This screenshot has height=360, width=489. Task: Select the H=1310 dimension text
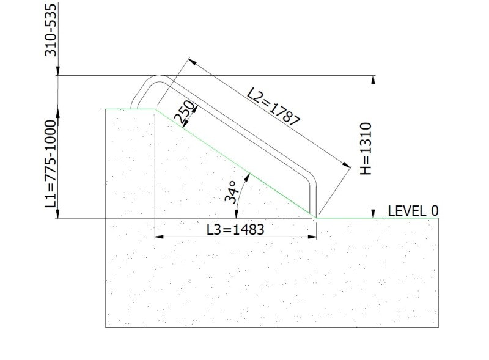(365, 149)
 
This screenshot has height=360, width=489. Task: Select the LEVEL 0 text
(414, 211)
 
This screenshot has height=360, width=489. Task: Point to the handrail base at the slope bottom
(315, 214)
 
